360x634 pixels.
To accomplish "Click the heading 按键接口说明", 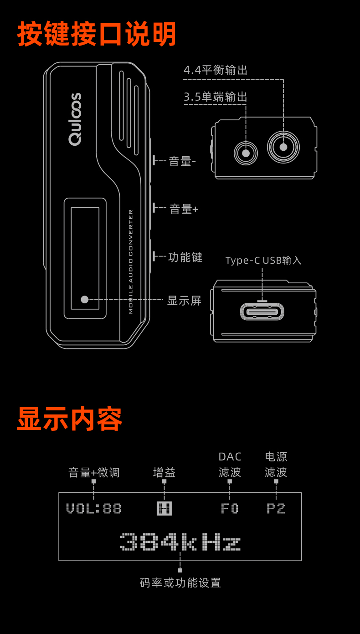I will tap(97, 34).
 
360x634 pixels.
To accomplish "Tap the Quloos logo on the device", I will tap(75, 119).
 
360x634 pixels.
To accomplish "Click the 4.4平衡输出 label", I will tap(216, 70).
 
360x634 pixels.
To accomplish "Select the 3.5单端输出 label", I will tap(216, 97).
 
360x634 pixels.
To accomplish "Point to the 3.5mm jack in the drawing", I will tap(246, 153).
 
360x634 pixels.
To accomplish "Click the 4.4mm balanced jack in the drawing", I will tap(283, 147).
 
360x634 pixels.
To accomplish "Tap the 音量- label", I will tap(182, 161).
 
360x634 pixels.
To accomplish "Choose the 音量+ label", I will tap(184, 209).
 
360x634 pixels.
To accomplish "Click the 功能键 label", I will tap(185, 257).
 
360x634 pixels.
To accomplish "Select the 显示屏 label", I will tap(184, 301).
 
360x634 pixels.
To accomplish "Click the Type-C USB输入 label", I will tap(263, 261).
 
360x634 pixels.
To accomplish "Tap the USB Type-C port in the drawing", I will tap(262, 312).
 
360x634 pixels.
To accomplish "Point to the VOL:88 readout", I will tap(94, 508).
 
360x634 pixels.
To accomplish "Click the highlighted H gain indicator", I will tap(164, 508).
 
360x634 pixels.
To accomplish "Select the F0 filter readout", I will tap(230, 508).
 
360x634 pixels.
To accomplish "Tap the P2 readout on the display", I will tap(276, 508).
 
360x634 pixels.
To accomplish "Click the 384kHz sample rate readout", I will tap(180, 542).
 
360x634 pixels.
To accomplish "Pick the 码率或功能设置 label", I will tap(180, 583).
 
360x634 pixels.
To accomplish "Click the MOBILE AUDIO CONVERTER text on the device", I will tap(131, 261).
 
